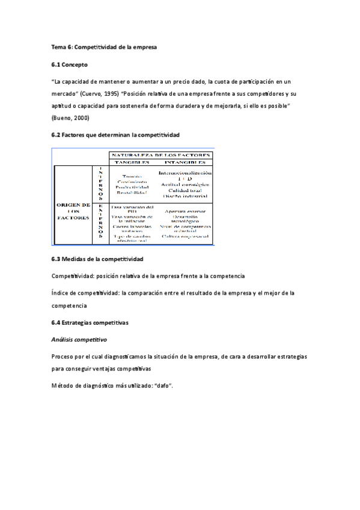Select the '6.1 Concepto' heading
pos(69,64)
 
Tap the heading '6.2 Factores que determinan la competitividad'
pos(115,135)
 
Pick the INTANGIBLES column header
pos(185,162)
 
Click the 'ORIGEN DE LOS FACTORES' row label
pos(73,210)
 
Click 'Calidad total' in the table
pos(184,190)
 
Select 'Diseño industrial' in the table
pos(184,196)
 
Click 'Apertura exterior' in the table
pos(185,212)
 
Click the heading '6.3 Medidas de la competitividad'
pos(97,259)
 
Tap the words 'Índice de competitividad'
pos(84,292)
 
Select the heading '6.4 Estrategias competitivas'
pos(90,323)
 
